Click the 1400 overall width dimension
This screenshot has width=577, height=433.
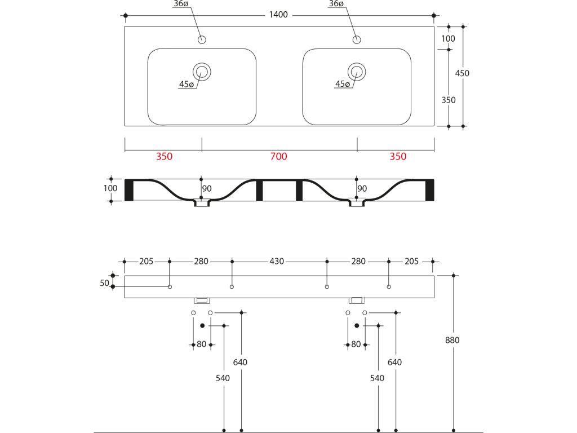click(x=279, y=15)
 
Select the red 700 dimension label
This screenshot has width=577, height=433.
click(x=279, y=157)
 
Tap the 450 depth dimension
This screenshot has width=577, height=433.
click(x=463, y=73)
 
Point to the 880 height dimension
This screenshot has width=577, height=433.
click(x=452, y=341)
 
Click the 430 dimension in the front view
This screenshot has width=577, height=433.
click(x=277, y=262)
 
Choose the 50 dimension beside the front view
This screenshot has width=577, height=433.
click(x=104, y=283)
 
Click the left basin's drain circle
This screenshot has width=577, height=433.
click(x=202, y=72)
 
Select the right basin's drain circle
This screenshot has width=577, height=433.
click(x=356, y=72)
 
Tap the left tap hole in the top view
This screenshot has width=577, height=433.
click(x=202, y=39)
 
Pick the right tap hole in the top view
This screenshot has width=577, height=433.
click(x=356, y=39)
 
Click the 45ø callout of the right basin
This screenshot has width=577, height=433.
click(x=343, y=85)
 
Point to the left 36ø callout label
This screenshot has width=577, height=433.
click(x=181, y=4)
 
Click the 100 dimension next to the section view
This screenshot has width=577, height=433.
click(x=110, y=188)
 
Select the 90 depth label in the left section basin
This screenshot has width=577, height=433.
click(x=207, y=189)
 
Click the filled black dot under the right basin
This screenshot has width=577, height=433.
click(x=357, y=325)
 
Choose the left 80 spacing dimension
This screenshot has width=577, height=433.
click(x=201, y=344)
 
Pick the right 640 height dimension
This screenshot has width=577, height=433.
click(x=395, y=363)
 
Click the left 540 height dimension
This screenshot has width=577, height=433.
click(x=223, y=378)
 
